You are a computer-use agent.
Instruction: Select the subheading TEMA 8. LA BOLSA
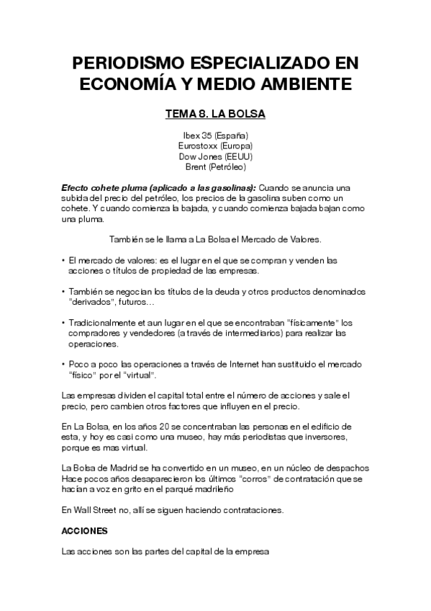pyautogui.click(x=215, y=114)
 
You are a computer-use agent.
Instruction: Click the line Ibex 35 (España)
pyautogui.click(x=215, y=135)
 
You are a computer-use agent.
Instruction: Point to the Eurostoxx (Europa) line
pyautogui.click(x=215, y=146)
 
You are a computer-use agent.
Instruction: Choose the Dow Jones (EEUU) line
pyautogui.click(x=215, y=156)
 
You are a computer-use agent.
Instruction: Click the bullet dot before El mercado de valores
pyautogui.click(x=63, y=260)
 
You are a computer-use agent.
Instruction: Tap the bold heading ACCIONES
pyautogui.click(x=85, y=530)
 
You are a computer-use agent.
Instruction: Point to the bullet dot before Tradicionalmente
pyautogui.click(x=63, y=323)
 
